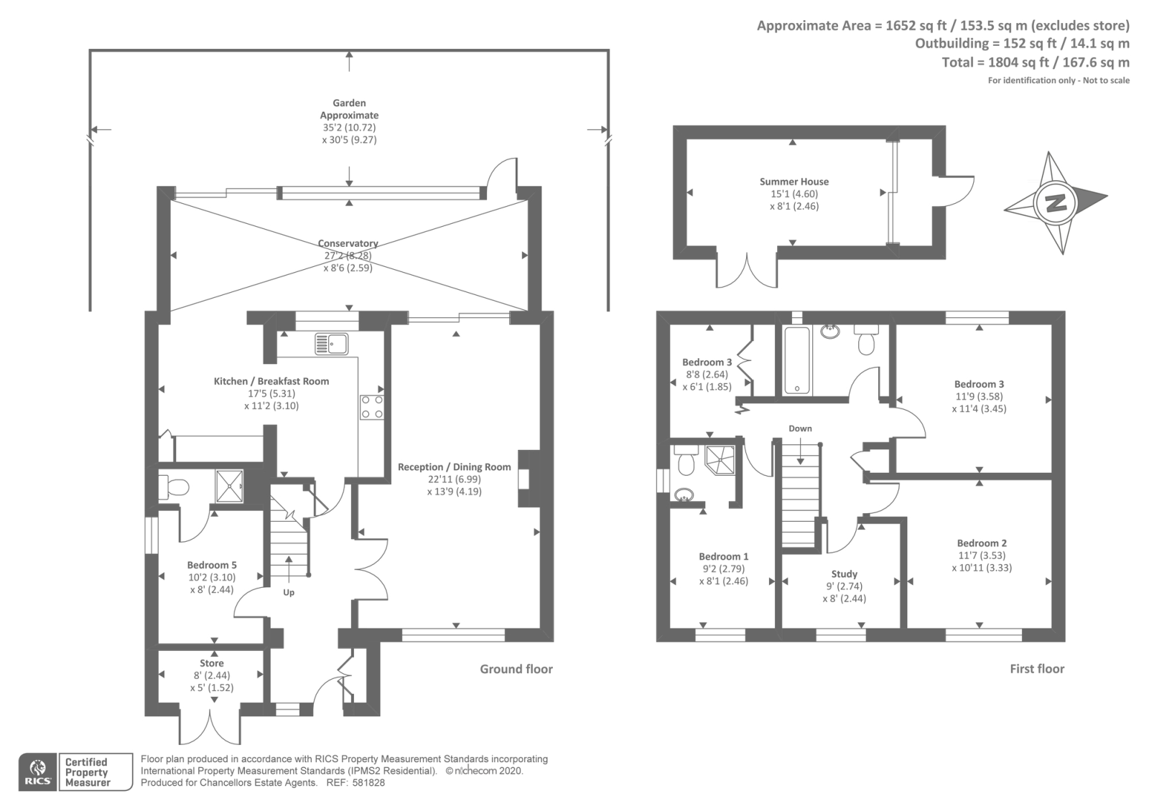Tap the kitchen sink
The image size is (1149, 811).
(331, 343)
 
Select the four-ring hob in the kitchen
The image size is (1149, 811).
(372, 407)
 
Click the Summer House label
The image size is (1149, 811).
(794, 182)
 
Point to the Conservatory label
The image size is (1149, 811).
(348, 243)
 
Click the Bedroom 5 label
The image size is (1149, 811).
(212, 565)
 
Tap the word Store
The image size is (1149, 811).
(212, 663)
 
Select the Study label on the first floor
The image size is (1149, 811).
(845, 574)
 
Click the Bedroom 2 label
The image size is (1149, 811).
(982, 543)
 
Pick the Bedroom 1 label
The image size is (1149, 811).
(724, 556)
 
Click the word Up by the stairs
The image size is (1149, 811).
(289, 593)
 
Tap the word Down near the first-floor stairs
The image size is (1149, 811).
(800, 428)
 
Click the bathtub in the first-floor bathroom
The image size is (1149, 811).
(797, 361)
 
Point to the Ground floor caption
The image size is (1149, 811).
(516, 669)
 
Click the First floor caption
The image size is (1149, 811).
(1037, 669)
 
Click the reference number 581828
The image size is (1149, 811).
(368, 783)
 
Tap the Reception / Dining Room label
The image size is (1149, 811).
(455, 467)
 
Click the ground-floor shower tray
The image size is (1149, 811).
(230, 486)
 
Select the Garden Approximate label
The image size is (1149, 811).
(349, 109)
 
